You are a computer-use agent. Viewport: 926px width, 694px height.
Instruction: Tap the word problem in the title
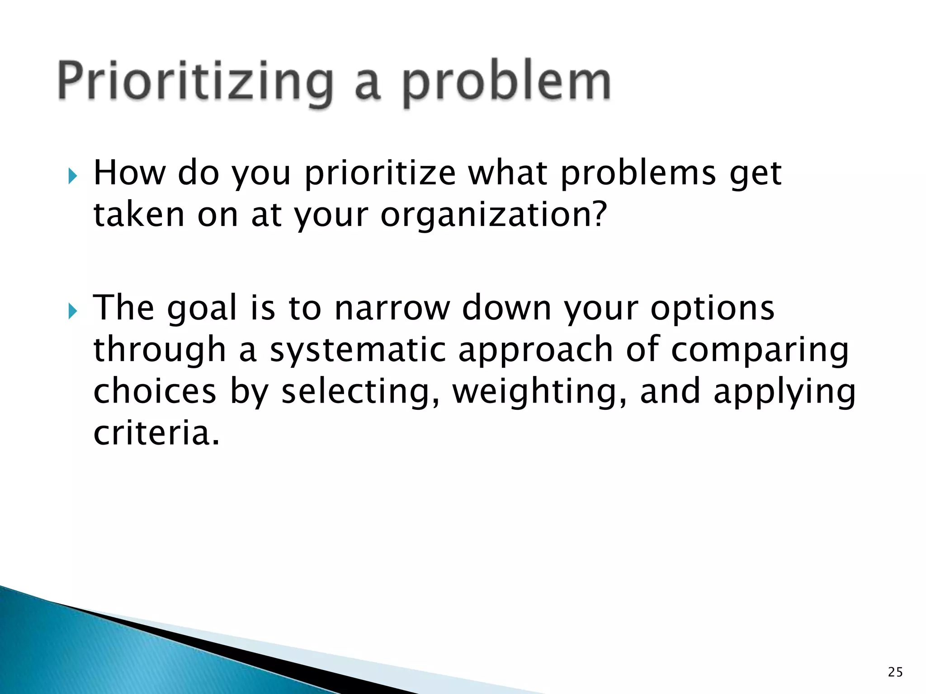click(x=506, y=82)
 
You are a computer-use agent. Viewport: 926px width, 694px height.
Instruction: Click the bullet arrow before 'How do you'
click(x=73, y=176)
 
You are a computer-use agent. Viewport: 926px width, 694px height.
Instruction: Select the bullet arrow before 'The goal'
click(x=73, y=311)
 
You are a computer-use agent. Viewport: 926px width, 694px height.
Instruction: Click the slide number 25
click(x=895, y=672)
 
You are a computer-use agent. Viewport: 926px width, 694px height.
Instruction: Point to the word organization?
click(x=493, y=215)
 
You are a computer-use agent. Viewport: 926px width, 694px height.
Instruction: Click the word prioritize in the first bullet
click(x=380, y=173)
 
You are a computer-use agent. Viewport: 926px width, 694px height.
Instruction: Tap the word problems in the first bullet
click(x=638, y=173)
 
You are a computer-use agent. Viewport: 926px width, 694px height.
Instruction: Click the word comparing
click(x=760, y=350)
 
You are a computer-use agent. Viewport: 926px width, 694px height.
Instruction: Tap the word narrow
click(x=392, y=309)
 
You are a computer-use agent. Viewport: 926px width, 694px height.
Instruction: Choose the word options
click(x=713, y=309)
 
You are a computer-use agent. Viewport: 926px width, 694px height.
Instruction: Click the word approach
click(x=535, y=350)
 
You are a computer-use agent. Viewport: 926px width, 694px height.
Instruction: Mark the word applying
click(x=784, y=392)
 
